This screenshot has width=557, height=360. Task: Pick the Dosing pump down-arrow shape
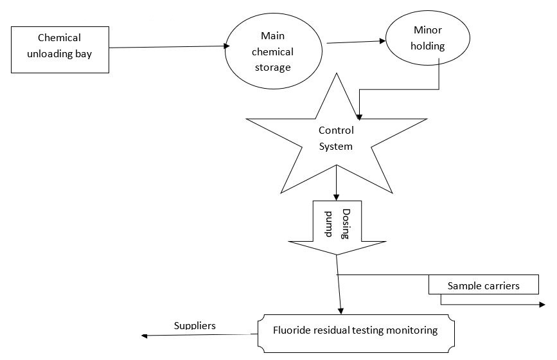337,225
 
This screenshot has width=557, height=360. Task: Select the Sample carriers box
483,285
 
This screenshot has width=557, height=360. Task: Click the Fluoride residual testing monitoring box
355,331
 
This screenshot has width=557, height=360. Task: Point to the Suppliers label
195,325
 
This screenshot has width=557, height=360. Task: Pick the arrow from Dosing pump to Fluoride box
339,286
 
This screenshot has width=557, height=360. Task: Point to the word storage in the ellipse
277,67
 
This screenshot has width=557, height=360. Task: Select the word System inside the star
336,146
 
